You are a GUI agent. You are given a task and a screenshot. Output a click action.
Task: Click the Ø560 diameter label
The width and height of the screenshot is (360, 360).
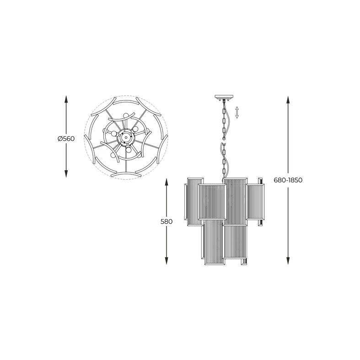click(66, 139)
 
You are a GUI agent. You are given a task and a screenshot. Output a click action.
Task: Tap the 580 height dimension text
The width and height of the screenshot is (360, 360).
click(167, 221)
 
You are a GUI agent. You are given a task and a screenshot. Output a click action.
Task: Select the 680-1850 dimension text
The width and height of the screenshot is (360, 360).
click(288, 180)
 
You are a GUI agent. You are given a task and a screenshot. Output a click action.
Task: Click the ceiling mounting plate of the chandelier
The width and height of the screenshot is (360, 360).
click(224, 97)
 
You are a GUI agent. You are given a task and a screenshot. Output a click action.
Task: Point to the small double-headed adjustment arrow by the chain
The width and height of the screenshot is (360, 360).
click(237, 112)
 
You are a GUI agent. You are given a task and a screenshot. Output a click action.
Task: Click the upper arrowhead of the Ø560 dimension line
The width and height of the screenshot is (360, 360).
click(66, 99)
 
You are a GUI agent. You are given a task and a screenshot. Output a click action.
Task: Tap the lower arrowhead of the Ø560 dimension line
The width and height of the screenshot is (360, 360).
click(66, 173)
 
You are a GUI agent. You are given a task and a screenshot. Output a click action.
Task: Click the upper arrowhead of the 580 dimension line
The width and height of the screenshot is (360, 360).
click(167, 182)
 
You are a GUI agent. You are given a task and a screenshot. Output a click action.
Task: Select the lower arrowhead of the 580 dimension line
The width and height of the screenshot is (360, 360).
click(167, 261)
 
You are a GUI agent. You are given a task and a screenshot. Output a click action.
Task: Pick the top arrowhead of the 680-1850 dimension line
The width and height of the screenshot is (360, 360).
click(288, 100)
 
